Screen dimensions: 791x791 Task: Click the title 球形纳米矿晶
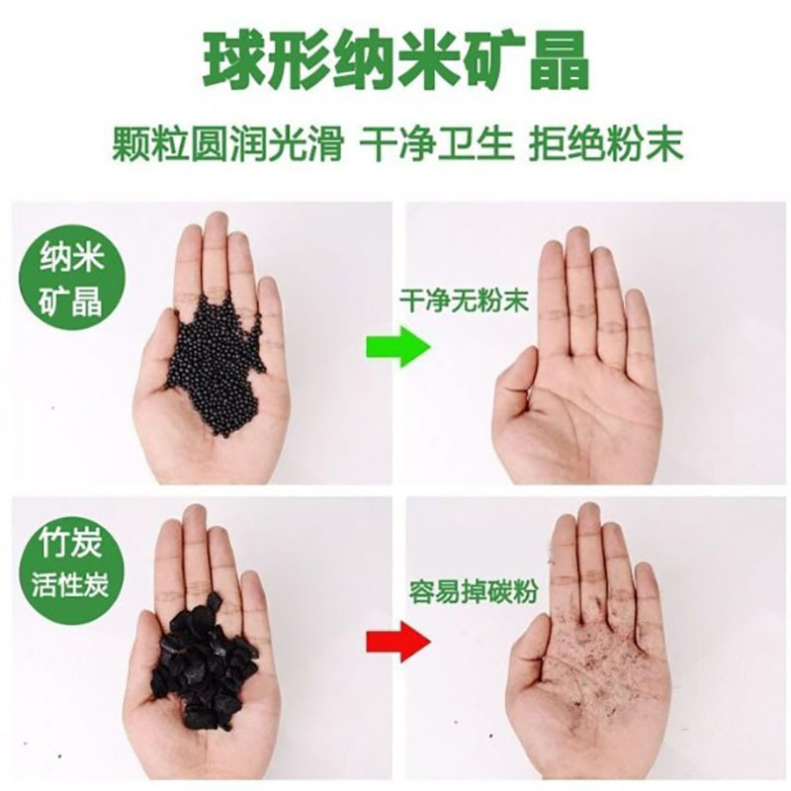[395, 62]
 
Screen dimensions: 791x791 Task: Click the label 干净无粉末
[450, 300]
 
